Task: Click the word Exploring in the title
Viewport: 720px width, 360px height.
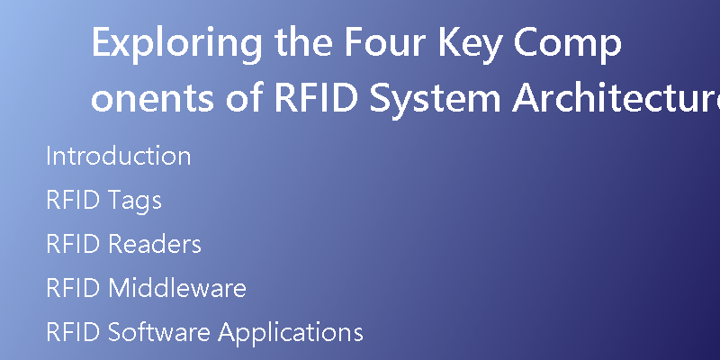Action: coord(177,44)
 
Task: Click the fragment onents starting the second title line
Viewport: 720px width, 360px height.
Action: coord(152,99)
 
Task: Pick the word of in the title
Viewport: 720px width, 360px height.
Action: coord(245,96)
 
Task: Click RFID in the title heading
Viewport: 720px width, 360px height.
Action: coord(317,98)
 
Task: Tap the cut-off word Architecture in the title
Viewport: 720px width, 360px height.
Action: coord(616,97)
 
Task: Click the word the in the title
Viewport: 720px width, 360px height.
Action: coord(303,41)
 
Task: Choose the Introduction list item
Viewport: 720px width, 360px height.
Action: coord(118,155)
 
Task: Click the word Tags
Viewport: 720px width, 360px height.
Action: coord(135,201)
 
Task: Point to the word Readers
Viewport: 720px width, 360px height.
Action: coord(155,244)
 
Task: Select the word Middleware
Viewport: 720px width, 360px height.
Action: coord(177,288)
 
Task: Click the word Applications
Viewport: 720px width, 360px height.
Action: coord(290,333)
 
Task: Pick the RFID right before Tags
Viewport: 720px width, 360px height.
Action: coord(73,200)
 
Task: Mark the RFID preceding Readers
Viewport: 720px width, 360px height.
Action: coord(73,244)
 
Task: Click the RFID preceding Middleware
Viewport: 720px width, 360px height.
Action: coord(73,288)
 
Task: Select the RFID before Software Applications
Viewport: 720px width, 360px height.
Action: coord(73,332)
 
